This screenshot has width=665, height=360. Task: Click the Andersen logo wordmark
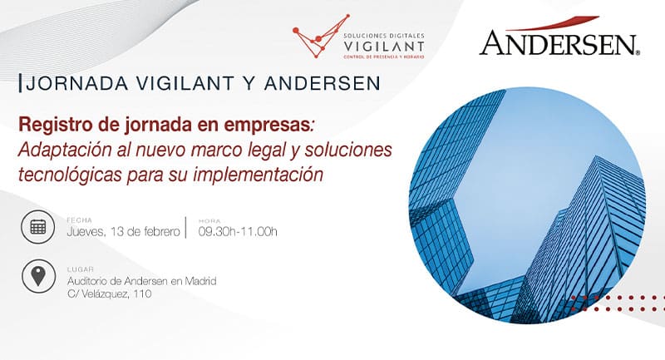[559, 43]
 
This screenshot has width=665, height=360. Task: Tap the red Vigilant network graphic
[321, 36]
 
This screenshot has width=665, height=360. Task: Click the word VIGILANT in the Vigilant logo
[384, 46]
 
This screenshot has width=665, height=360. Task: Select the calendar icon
[37, 227]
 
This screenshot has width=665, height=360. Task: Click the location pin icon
[38, 277]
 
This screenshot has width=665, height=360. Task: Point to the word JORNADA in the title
[76, 83]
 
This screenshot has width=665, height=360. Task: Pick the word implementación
[258, 175]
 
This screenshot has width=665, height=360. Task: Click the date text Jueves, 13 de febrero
[123, 232]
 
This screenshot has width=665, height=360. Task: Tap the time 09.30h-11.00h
[238, 231]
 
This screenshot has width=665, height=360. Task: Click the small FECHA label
[79, 220]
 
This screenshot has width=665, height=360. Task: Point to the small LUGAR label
[80, 269]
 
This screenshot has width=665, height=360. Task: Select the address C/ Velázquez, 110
[110, 293]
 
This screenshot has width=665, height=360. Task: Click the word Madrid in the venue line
[200, 281]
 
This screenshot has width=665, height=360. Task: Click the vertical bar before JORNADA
[20, 83]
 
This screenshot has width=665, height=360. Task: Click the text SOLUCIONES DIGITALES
[384, 36]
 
